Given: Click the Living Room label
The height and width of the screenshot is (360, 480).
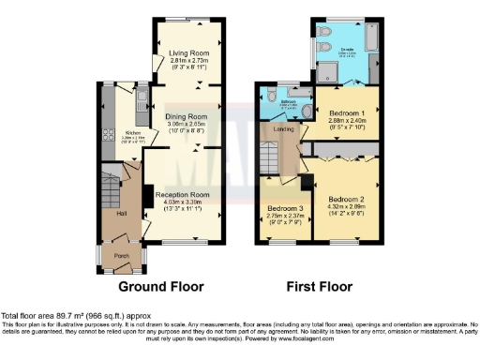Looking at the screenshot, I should pyautogui.click(x=190, y=53).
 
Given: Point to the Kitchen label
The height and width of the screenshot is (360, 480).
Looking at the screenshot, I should pyautogui.click(x=131, y=132).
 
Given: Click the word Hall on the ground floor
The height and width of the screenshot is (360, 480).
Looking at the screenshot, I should pyautogui.click(x=121, y=214).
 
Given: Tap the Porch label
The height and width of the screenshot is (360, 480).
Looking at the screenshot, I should pyautogui.click(x=121, y=255).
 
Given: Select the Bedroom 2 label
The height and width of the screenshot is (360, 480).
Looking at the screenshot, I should pyautogui.click(x=346, y=199).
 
